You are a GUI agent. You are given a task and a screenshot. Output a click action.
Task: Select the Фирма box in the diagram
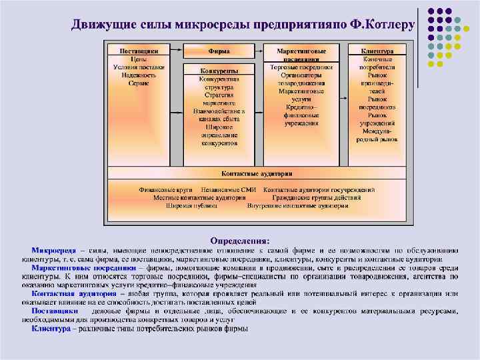[x=219, y=51]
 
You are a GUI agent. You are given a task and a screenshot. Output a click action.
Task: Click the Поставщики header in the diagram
[x=139, y=51]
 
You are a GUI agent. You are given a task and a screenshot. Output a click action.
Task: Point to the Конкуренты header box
[x=219, y=71]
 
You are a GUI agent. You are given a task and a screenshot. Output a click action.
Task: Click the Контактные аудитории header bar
[x=257, y=173]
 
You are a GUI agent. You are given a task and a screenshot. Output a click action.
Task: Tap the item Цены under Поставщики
[x=139, y=59]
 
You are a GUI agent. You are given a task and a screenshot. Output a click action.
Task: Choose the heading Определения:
[x=239, y=239]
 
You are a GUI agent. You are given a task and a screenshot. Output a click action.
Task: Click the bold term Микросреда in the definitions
[x=54, y=249]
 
